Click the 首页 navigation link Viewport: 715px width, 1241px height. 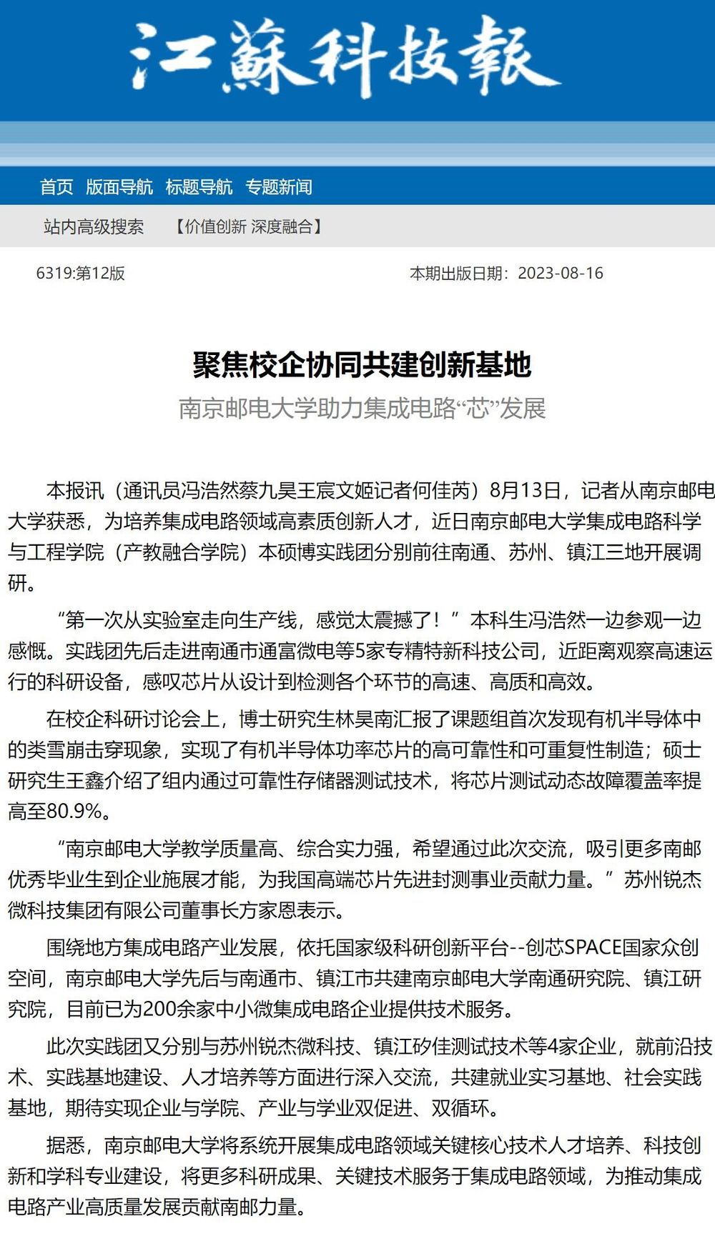coord(56,187)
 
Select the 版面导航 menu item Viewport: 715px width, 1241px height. coord(119,187)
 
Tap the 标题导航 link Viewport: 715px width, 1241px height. coord(199,187)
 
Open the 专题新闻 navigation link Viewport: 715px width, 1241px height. coord(279,187)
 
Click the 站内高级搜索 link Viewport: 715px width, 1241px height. coord(94,227)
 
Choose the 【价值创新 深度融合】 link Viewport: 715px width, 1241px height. coord(248,227)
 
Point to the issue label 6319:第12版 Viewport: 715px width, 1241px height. coord(81,274)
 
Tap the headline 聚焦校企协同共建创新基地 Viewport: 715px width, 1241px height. coord(362,364)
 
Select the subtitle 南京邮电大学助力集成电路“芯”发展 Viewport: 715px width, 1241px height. coord(362,409)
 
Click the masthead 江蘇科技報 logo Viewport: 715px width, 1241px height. coord(343,57)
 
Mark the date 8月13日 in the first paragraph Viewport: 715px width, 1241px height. coord(525,491)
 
